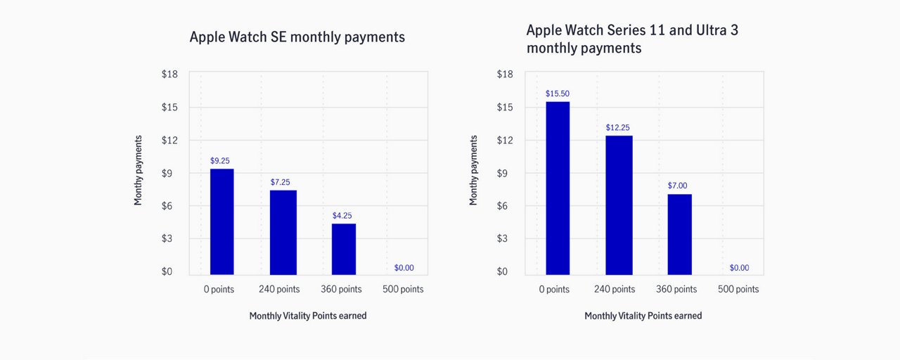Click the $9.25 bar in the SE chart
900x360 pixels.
point(221,221)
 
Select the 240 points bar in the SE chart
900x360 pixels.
point(283,233)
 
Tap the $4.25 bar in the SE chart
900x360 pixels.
point(344,249)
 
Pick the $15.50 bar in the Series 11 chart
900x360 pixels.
point(558,188)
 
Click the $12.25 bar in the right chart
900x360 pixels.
point(619,205)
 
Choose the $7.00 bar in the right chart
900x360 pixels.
point(680,235)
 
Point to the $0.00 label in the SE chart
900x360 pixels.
point(404,268)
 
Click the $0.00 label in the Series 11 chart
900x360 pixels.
point(739,268)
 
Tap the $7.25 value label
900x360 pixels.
point(280,182)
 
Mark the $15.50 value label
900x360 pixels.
point(558,94)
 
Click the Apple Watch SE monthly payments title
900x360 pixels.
point(297,37)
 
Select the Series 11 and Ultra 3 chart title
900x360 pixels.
point(632,39)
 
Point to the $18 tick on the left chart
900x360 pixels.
point(169,74)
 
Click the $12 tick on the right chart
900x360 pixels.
point(505,140)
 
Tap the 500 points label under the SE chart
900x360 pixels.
point(403,289)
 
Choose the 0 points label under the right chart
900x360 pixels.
point(554,289)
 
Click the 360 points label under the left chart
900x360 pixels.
point(341,289)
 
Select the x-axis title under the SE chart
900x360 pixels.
point(308,316)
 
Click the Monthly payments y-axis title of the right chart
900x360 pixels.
point(473,170)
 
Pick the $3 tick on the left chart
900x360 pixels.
point(167,238)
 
